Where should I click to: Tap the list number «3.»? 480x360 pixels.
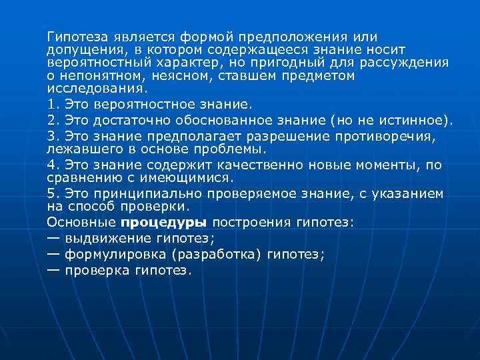click(53, 137)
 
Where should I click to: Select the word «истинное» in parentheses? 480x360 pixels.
click(417, 121)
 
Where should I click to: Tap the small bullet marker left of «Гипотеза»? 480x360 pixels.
click(38, 36)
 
